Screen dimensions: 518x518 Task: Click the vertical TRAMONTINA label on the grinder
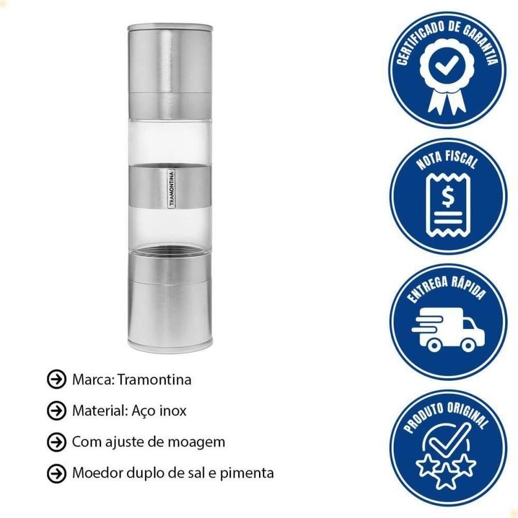click(x=171, y=188)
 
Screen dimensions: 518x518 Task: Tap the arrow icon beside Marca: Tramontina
click(x=56, y=379)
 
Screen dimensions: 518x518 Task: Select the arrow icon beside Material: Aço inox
click(x=56, y=411)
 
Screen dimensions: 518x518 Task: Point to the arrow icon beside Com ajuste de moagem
click(x=56, y=442)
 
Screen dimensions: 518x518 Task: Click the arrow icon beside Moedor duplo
click(x=56, y=473)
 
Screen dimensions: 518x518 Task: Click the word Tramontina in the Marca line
click(x=155, y=379)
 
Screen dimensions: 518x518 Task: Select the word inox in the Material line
click(x=173, y=411)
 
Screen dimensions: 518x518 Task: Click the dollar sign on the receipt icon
click(x=447, y=197)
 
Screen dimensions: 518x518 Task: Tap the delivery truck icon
click(x=448, y=330)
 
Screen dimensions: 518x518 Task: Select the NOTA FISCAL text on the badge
click(x=447, y=160)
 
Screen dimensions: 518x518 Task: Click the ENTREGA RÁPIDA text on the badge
click(x=447, y=288)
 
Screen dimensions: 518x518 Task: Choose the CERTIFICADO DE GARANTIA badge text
click(x=447, y=39)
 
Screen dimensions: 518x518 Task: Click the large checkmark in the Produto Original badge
click(x=448, y=440)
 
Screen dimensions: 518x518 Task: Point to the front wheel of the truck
click(x=467, y=345)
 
